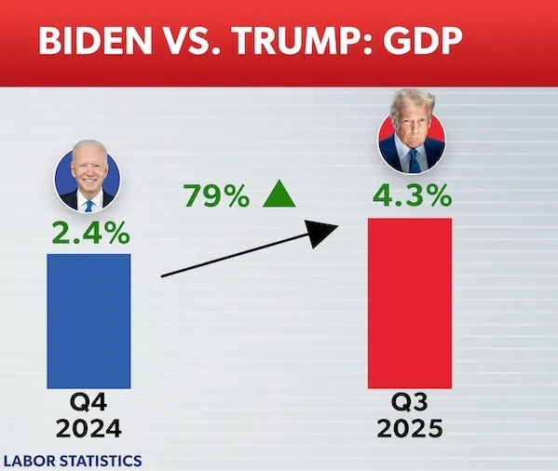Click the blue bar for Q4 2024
pyautogui.click(x=88, y=320)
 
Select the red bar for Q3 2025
pyautogui.click(x=410, y=303)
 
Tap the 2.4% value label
pyautogui.click(x=89, y=234)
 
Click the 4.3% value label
pyautogui.click(x=412, y=196)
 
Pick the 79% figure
pyautogui.click(x=216, y=196)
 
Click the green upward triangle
pyautogui.click(x=279, y=195)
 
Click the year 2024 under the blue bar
pyautogui.click(x=88, y=429)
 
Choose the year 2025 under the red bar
pyautogui.click(x=411, y=429)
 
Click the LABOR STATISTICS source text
pyautogui.click(x=74, y=460)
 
